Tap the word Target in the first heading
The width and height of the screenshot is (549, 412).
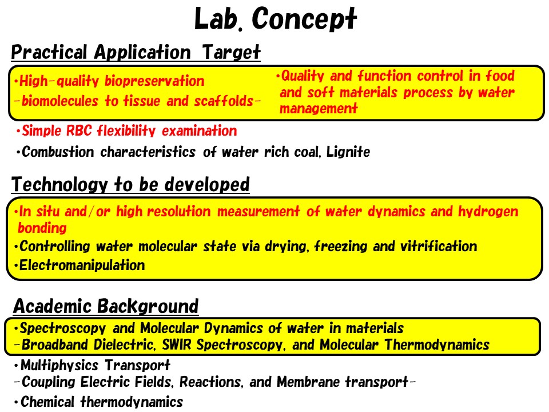pyautogui.click(x=231, y=52)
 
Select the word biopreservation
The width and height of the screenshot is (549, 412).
pyautogui.click(x=154, y=81)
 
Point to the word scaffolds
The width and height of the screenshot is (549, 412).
pyautogui.click(x=224, y=101)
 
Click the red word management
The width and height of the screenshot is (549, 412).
pyautogui.click(x=319, y=108)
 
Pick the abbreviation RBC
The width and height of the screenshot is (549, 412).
pyautogui.click(x=79, y=130)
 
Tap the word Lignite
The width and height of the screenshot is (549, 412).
pyautogui.click(x=348, y=152)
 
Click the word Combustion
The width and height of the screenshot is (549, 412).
pyautogui.click(x=58, y=152)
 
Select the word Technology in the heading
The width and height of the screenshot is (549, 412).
pyautogui.click(x=59, y=184)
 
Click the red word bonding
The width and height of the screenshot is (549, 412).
pyautogui.click(x=42, y=228)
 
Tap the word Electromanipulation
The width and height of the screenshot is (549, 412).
pyautogui.click(x=82, y=265)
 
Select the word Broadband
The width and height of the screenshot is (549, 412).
pyautogui.click(x=55, y=344)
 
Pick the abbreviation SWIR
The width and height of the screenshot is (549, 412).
pyautogui.click(x=177, y=344)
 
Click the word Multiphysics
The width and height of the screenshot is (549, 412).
pyautogui.click(x=59, y=366)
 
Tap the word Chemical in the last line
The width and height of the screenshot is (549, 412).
pyautogui.click(x=47, y=402)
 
